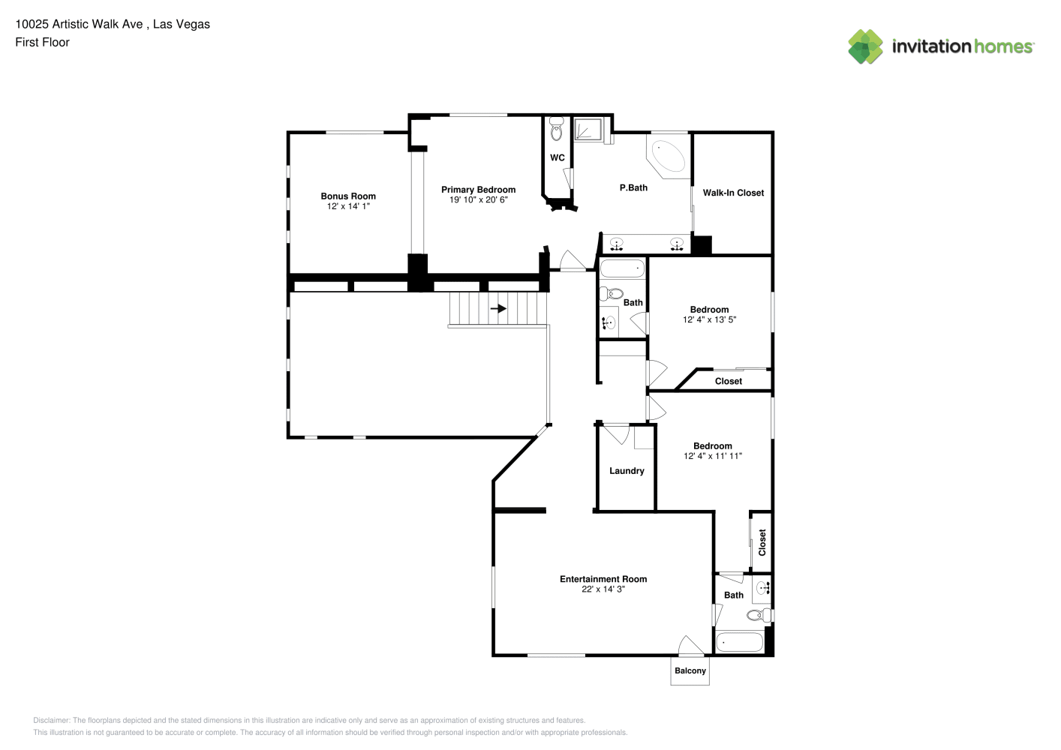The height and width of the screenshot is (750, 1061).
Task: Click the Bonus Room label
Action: [x=348, y=196]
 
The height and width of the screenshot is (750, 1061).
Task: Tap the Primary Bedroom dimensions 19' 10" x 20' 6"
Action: [x=479, y=199]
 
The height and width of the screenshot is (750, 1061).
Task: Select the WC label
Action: [x=557, y=157]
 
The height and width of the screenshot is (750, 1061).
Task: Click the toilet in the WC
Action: [x=557, y=129]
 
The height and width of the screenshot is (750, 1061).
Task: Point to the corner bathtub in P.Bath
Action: [x=668, y=156]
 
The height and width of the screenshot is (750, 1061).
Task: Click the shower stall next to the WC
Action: [x=588, y=129]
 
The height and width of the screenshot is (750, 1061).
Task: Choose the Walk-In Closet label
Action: [x=733, y=193]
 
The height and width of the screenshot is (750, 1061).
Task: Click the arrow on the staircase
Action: [x=498, y=309]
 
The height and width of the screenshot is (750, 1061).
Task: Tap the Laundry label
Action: [x=627, y=471]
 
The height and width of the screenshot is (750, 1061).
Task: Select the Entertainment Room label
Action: [x=603, y=579]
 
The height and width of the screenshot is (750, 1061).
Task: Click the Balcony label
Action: [x=690, y=670]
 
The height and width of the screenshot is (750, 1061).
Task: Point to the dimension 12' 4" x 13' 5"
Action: [x=709, y=319]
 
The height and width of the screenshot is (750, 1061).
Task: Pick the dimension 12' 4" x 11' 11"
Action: [x=712, y=456]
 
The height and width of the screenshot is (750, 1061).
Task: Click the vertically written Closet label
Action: [x=762, y=542]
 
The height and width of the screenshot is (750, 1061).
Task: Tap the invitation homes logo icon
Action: [x=865, y=46]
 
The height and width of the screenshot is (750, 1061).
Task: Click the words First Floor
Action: [x=42, y=42]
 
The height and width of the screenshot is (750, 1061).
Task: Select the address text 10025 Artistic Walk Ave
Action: [x=79, y=24]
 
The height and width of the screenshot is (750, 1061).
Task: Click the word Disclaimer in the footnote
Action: [x=51, y=720]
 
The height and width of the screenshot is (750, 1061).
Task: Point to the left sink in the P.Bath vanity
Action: [x=616, y=244]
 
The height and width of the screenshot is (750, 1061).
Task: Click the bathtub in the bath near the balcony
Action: [x=739, y=643]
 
